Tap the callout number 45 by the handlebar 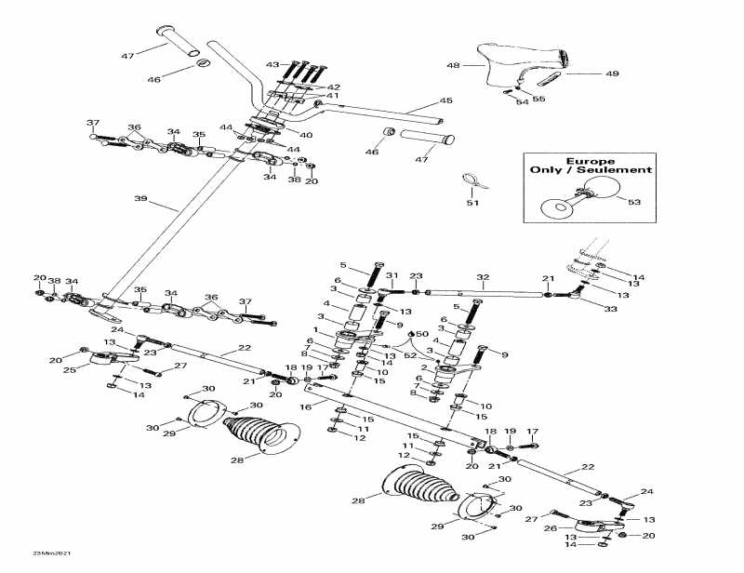click(445, 100)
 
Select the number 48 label click(453, 66)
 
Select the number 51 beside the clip click(472, 203)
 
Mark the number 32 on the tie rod click(483, 277)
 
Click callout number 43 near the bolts click(272, 65)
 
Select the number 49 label click(612, 73)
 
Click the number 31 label click(392, 275)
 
